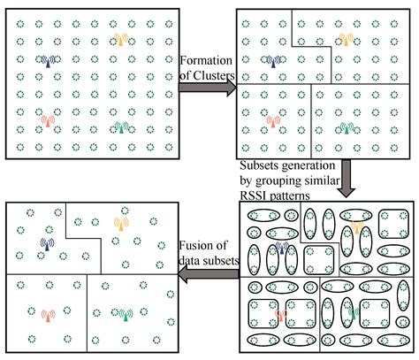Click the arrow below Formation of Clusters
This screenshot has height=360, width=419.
tap(208, 88)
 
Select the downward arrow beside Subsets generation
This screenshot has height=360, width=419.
tap(346, 178)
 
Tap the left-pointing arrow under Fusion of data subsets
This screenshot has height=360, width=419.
tap(209, 274)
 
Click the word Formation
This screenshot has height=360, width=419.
tap(206, 60)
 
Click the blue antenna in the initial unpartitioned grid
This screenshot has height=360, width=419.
tap(48, 61)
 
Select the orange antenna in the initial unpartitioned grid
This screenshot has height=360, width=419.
tap(120, 39)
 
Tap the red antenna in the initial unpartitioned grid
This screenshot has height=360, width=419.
tap(48, 121)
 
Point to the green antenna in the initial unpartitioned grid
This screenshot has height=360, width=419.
tap(121, 127)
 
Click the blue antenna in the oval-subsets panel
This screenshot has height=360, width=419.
tap(282, 247)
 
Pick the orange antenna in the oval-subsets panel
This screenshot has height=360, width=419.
tap(357, 228)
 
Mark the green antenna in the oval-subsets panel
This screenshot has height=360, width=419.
tap(354, 313)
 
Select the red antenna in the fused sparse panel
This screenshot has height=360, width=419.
tap(48, 316)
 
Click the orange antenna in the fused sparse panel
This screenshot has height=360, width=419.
tap(121, 224)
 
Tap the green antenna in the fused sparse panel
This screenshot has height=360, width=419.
tap(126, 315)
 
